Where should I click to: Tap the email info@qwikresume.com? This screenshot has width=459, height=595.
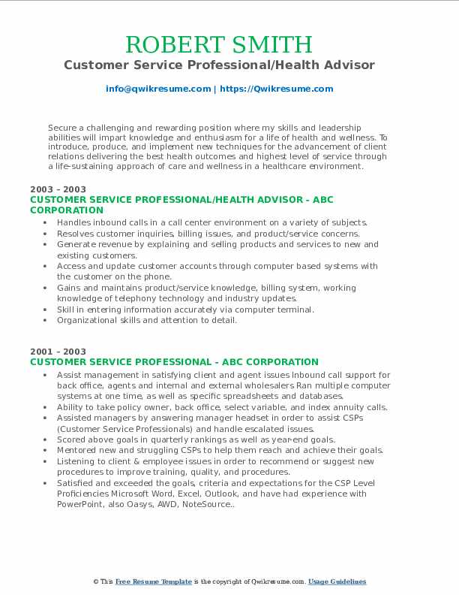click(x=158, y=89)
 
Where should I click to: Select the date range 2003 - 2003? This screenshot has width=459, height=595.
click(x=58, y=189)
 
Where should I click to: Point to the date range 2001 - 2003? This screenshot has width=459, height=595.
click(x=58, y=352)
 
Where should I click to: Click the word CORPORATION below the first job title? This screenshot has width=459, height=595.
click(x=67, y=210)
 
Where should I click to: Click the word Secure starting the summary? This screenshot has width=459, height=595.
click(x=62, y=128)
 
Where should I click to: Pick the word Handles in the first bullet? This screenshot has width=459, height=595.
click(x=74, y=222)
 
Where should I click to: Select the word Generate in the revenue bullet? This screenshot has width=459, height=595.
click(x=77, y=244)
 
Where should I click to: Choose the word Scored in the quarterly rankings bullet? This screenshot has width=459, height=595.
click(x=73, y=439)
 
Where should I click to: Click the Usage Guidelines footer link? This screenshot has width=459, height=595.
click(x=337, y=581)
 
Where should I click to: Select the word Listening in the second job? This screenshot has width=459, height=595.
click(x=77, y=461)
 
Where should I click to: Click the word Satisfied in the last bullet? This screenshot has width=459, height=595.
click(x=77, y=483)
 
